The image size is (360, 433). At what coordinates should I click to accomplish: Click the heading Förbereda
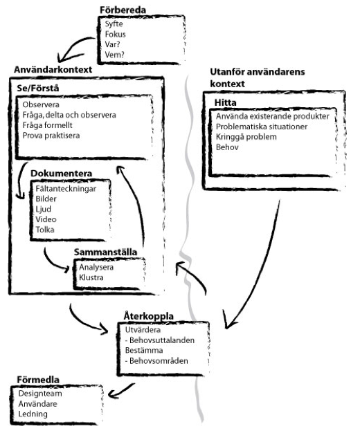[x=123, y=10]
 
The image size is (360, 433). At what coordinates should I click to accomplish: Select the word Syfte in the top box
[x=114, y=24]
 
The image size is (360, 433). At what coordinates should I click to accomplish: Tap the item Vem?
[x=115, y=55]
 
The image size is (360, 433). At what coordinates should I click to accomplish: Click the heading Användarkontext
[x=53, y=70]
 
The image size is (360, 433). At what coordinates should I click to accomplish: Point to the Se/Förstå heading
[x=38, y=89]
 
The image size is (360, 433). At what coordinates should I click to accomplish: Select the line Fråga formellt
[x=48, y=125]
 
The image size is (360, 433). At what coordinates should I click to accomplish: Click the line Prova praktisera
[x=51, y=136]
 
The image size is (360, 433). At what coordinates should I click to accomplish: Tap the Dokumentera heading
[x=61, y=174]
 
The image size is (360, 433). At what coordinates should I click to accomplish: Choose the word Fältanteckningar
[x=66, y=189]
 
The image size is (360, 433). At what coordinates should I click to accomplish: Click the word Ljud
[x=44, y=210]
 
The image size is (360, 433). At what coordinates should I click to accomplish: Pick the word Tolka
[x=45, y=230]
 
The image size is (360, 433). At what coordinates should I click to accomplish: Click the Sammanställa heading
[x=106, y=252]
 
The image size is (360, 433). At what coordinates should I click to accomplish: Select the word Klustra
[x=91, y=277]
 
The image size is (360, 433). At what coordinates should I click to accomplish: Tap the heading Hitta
[x=225, y=103]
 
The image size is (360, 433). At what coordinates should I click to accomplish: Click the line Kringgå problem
[x=246, y=137]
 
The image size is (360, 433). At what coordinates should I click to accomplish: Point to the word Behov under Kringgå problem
[x=227, y=147]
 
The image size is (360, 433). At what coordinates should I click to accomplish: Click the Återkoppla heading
[x=149, y=316]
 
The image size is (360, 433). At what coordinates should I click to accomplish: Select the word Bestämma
[x=144, y=351]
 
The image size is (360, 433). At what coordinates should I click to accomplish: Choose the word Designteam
[x=40, y=394]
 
